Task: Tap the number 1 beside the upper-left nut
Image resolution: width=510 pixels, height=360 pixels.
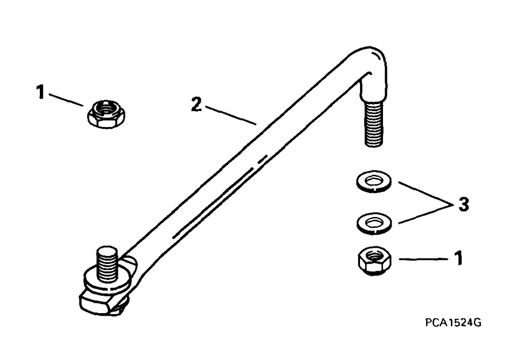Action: pyautogui.click(x=40, y=93)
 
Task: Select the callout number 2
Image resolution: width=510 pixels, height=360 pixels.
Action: pyautogui.click(x=195, y=106)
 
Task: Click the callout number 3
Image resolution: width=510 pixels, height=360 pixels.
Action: pyautogui.click(x=462, y=205)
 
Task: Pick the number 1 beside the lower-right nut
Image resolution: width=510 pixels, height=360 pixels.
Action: pyautogui.click(x=458, y=259)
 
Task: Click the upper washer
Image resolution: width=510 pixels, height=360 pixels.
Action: pyautogui.click(x=373, y=182)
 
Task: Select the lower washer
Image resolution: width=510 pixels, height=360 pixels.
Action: pyautogui.click(x=373, y=222)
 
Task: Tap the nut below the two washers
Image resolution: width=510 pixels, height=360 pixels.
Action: pyautogui.click(x=373, y=261)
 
